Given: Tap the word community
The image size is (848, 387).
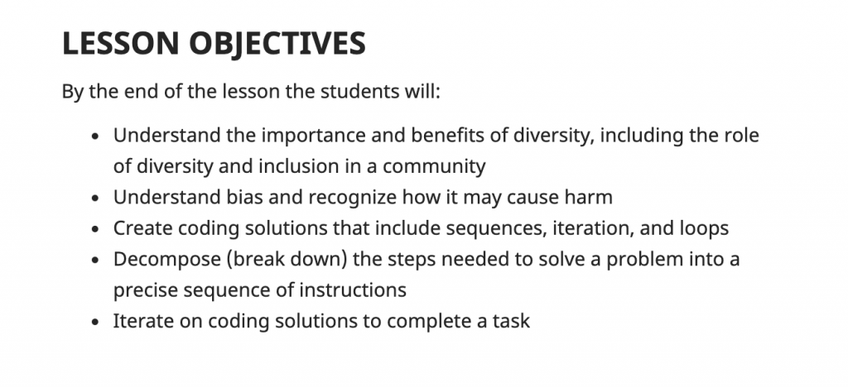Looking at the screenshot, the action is (434, 167).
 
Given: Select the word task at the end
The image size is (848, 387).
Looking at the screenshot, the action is (511, 322).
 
